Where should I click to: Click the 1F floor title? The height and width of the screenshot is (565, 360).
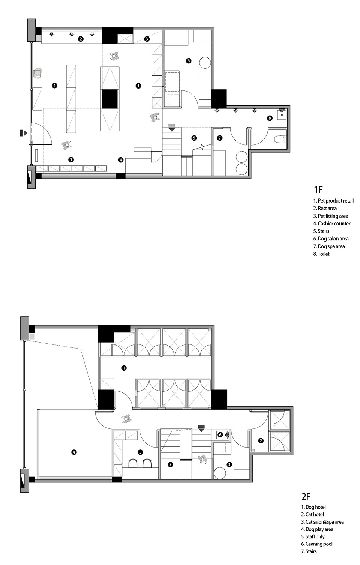pyautogui.click(x=318, y=189)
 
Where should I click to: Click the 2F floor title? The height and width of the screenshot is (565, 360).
pyautogui.click(x=306, y=496)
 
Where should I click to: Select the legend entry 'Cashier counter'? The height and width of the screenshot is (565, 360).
pyautogui.click(x=332, y=224)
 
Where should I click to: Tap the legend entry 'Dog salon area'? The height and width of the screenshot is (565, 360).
pyautogui.click(x=331, y=239)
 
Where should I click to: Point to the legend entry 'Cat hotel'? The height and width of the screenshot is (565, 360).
pyautogui.click(x=313, y=514)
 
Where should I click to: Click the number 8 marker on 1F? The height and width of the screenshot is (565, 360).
pyautogui.click(x=270, y=118)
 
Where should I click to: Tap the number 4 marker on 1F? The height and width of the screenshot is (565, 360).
pyautogui.click(x=121, y=160)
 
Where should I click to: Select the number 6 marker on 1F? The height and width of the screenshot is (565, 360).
pyautogui.click(x=188, y=60)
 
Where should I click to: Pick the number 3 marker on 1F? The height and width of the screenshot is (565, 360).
pyautogui.click(x=147, y=39)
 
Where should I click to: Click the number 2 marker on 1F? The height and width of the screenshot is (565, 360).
pyautogui.click(x=80, y=39)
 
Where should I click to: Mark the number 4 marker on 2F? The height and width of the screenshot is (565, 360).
pyautogui.click(x=73, y=452)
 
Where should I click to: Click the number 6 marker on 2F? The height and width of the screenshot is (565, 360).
pyautogui.click(x=220, y=435)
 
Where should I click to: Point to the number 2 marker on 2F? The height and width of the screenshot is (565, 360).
pyautogui.click(x=261, y=441)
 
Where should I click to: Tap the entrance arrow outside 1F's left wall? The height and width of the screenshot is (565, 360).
pyautogui.click(x=23, y=133)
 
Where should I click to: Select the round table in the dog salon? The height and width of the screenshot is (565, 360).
pyautogui.click(x=205, y=62)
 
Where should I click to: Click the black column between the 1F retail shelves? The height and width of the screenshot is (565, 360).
pyautogui.click(x=110, y=99)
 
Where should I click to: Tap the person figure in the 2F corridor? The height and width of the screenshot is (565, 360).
pyautogui.click(x=126, y=419)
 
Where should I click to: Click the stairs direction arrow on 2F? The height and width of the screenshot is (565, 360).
pyautogui.click(x=201, y=428)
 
